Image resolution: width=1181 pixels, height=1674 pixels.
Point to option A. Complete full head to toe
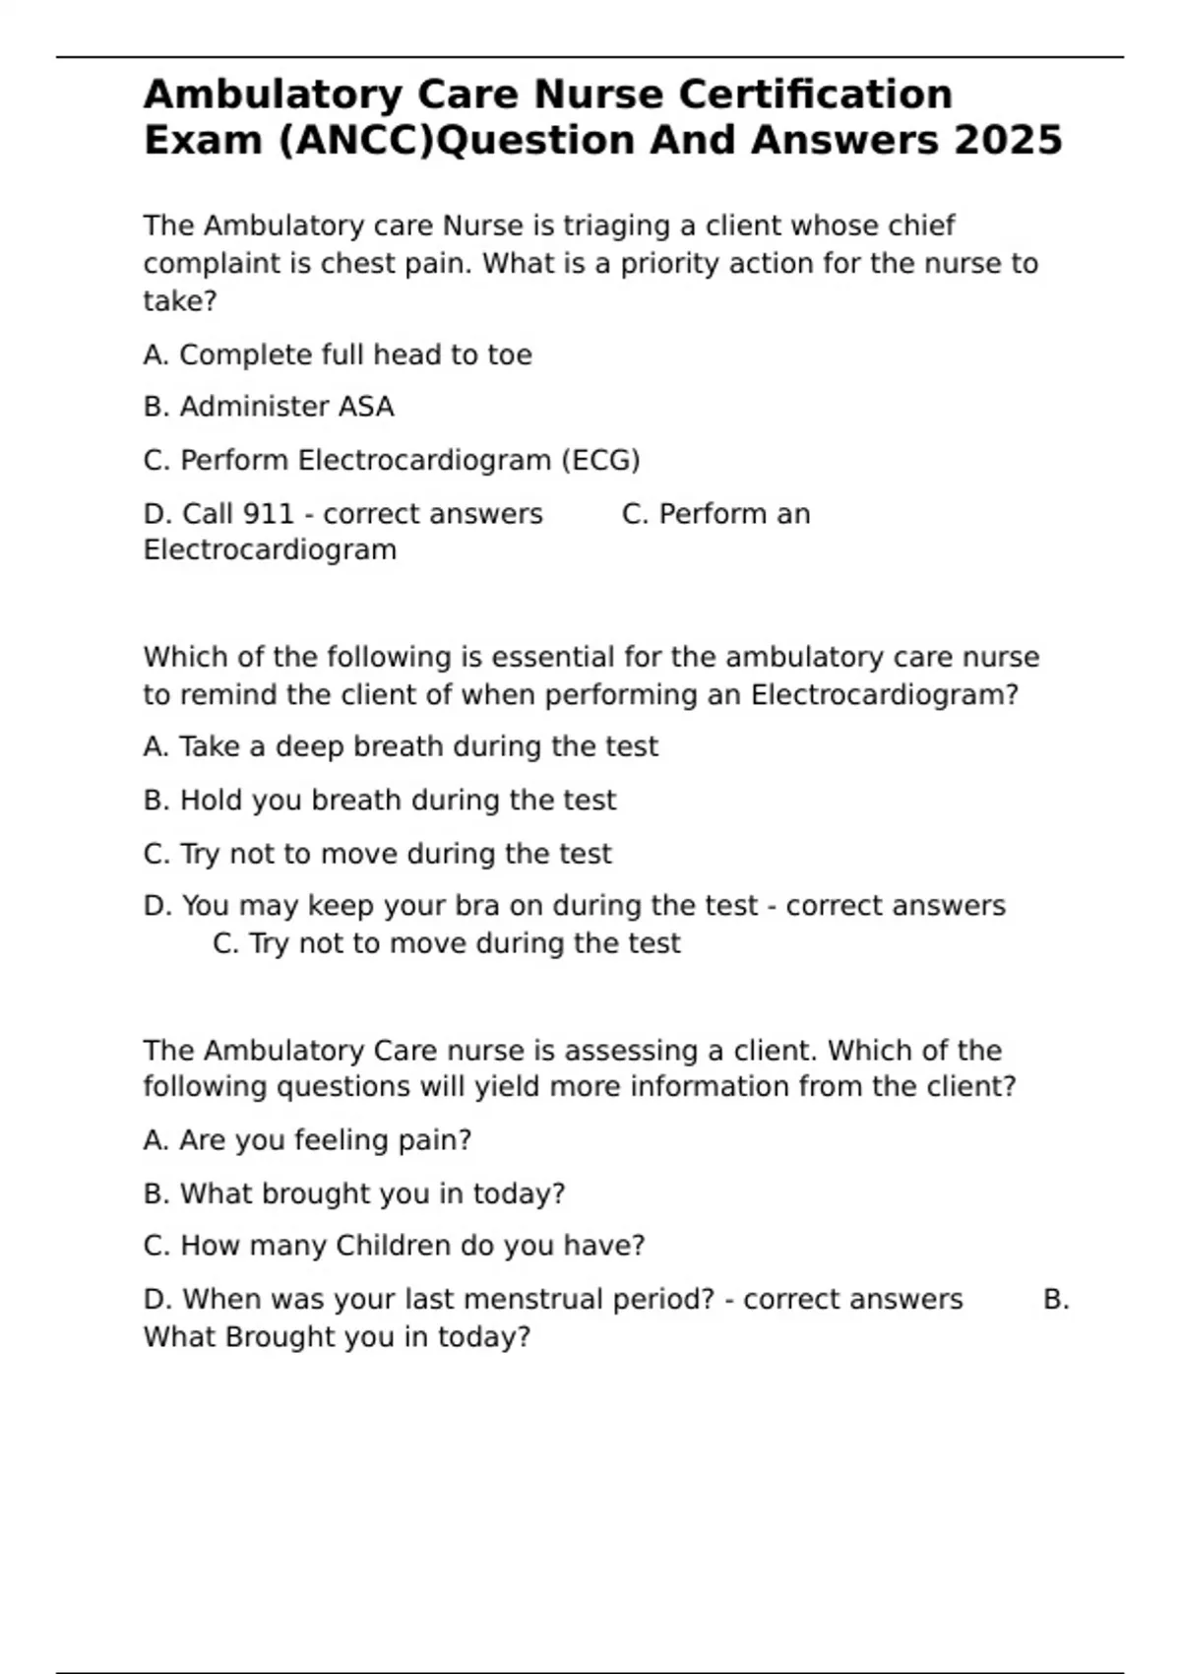pyautogui.click(x=338, y=354)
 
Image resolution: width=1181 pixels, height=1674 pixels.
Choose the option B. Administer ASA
pyautogui.click(x=269, y=407)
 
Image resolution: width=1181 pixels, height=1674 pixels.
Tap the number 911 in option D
pyautogui.click(x=268, y=514)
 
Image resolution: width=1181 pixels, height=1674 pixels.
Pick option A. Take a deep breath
pyautogui.click(x=401, y=746)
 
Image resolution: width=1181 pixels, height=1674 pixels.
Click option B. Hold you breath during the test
pyautogui.click(x=380, y=800)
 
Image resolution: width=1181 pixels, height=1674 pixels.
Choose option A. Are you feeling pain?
pyautogui.click(x=307, y=1140)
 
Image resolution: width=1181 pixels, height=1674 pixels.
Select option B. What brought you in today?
pyautogui.click(x=354, y=1193)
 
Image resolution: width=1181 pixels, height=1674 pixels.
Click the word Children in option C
pyautogui.click(x=396, y=1246)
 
